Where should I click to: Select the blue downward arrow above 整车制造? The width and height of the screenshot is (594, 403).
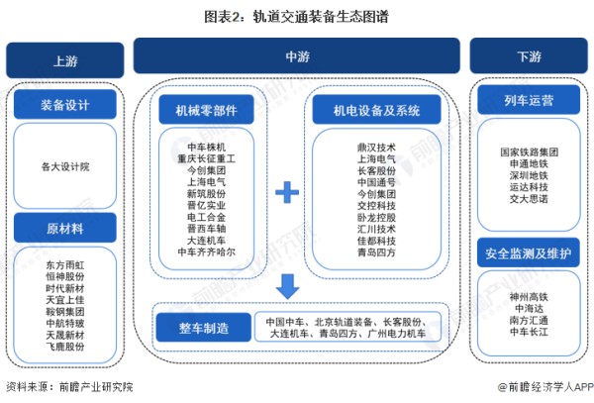pyautogui.click(x=287, y=287)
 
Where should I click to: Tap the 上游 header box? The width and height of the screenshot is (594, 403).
pyautogui.click(x=64, y=60)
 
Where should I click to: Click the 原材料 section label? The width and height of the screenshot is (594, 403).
pyautogui.click(x=64, y=229)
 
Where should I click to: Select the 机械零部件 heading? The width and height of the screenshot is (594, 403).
pyautogui.click(x=206, y=111)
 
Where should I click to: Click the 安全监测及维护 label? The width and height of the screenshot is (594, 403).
pyautogui.click(x=528, y=252)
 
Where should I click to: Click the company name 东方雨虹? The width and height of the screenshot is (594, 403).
pyautogui.click(x=65, y=265)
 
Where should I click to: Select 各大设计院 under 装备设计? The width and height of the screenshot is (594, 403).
pyautogui.click(x=65, y=166)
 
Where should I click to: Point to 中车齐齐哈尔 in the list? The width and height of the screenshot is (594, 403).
pyautogui.click(x=206, y=252)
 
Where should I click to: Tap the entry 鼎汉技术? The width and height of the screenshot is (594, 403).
pyautogui.click(x=377, y=147)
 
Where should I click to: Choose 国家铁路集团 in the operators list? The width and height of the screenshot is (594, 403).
pyautogui.click(x=530, y=152)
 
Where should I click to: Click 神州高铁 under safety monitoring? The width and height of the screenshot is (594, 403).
pyautogui.click(x=530, y=296)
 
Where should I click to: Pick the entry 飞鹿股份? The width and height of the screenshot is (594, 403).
pyautogui.click(x=65, y=348)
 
